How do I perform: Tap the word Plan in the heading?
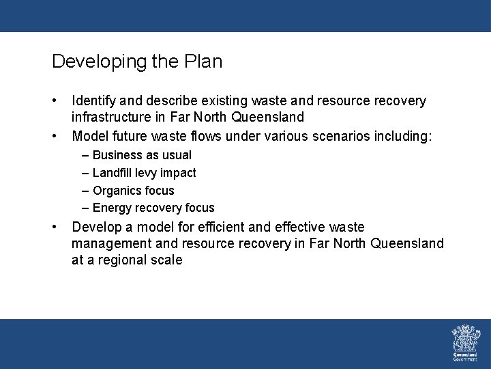(x=203, y=61)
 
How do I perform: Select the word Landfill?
(x=113, y=173)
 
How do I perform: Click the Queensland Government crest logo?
(x=466, y=342)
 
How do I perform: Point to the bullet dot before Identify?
(x=55, y=101)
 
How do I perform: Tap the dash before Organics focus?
(x=86, y=191)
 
